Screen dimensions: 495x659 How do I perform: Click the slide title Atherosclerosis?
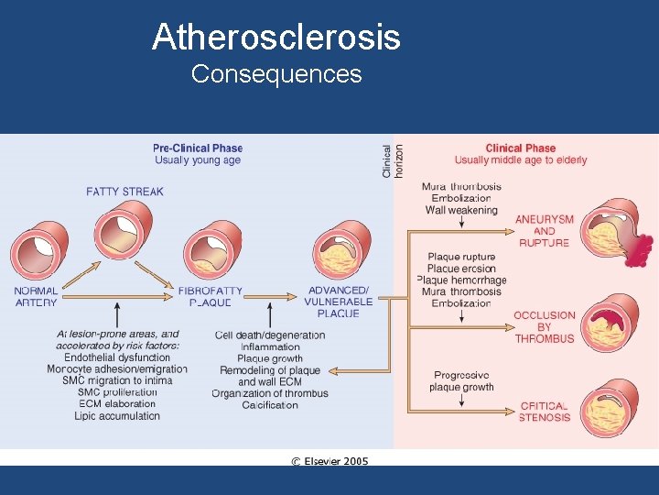(x=276, y=38)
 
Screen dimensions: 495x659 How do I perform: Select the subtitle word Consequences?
(x=276, y=74)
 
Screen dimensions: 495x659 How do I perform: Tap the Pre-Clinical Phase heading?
(x=198, y=148)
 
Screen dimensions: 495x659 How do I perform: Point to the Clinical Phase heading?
(x=520, y=148)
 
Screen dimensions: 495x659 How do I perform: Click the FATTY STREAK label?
(x=125, y=192)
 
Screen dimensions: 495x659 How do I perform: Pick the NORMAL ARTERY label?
(x=36, y=296)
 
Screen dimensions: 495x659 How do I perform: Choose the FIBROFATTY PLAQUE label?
(x=211, y=296)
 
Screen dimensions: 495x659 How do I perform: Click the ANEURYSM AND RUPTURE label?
(x=545, y=231)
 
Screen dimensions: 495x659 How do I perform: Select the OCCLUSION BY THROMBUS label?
(x=545, y=326)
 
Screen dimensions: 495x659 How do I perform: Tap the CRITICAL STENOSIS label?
(x=545, y=412)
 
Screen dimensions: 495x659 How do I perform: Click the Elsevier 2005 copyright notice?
(x=329, y=460)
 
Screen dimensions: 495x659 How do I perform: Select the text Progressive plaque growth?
(x=461, y=381)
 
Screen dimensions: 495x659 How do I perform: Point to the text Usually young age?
(x=198, y=160)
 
